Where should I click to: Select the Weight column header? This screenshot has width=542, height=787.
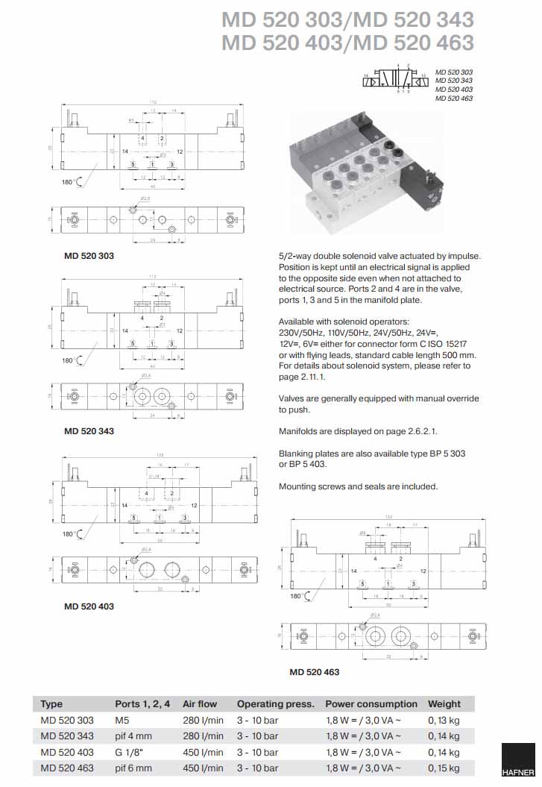click(x=444, y=703)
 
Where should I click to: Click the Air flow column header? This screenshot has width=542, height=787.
click(x=200, y=703)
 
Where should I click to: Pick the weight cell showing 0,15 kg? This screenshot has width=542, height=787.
click(x=444, y=768)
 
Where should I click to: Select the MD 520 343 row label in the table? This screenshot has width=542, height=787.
click(x=67, y=736)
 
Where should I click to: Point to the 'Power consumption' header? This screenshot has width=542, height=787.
click(x=371, y=703)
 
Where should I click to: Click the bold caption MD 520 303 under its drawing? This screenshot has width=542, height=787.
click(x=89, y=256)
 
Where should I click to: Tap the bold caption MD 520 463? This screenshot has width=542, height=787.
click(x=314, y=672)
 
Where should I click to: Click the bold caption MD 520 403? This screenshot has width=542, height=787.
click(x=89, y=606)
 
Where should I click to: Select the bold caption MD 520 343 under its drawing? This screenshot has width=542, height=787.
click(x=89, y=430)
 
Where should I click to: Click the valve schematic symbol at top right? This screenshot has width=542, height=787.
click(x=395, y=78)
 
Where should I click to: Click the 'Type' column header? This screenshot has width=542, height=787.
click(x=51, y=703)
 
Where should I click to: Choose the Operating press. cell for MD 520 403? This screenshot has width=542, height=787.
click(x=257, y=752)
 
